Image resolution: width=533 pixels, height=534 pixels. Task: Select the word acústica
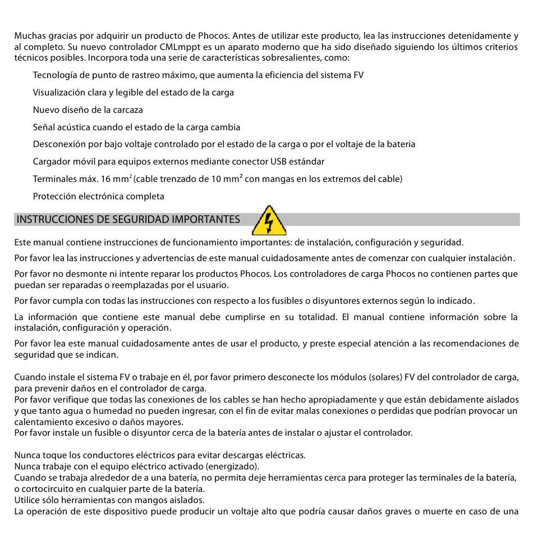click(74, 127)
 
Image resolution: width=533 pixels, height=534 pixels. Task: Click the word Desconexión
click(59, 144)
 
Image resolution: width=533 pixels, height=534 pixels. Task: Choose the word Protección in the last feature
click(54, 197)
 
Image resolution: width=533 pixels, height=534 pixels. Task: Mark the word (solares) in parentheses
click(385, 377)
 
